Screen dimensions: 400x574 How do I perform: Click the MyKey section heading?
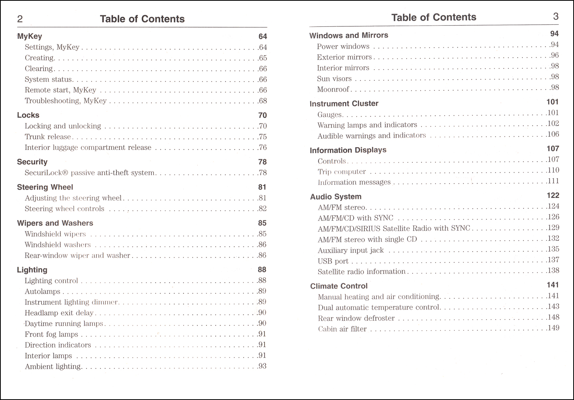point(29,36)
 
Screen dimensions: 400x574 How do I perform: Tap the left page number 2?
point(20,19)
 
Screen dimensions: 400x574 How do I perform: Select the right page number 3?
point(556,16)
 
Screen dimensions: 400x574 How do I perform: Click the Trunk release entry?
point(48,137)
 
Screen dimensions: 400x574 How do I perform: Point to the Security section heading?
point(32,162)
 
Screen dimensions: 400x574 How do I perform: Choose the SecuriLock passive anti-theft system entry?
point(90,173)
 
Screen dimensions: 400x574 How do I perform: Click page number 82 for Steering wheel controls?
point(263,208)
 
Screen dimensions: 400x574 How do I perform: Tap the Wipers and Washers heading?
point(55,223)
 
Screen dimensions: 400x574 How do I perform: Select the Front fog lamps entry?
point(51,334)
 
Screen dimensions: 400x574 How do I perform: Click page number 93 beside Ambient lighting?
point(263,366)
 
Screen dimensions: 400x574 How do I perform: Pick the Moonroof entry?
point(333,89)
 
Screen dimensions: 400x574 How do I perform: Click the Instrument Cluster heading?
point(344,104)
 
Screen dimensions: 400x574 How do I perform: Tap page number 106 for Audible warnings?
point(553,134)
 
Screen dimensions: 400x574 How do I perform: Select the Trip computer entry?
point(342,172)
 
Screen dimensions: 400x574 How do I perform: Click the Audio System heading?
point(336,197)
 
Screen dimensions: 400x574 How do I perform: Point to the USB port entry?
point(333,261)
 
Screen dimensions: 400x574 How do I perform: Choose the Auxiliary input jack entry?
point(351,250)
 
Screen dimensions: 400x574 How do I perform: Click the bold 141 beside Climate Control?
point(553,285)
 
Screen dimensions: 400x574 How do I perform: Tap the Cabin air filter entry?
point(342,329)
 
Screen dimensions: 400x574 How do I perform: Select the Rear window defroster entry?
point(356,318)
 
